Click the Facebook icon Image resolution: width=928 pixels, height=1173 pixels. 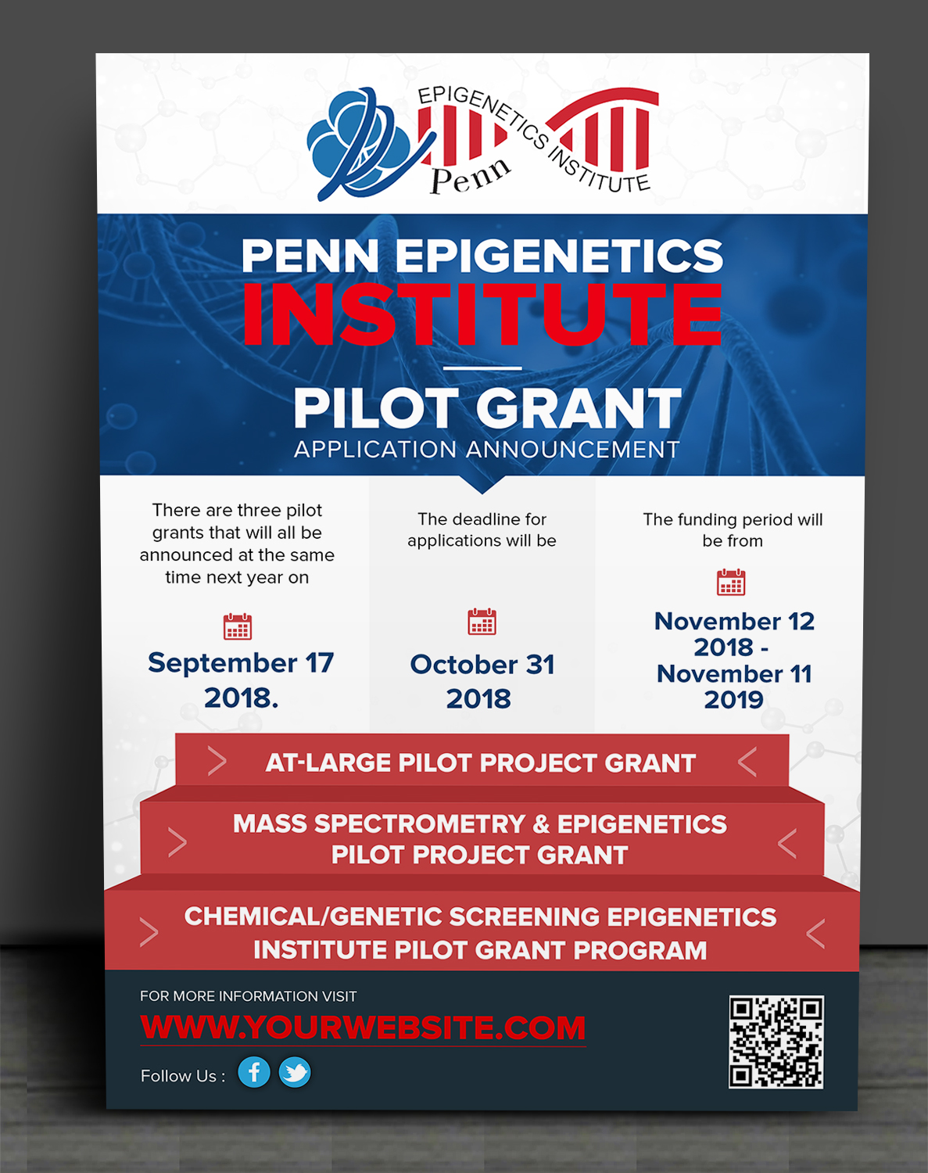254,1072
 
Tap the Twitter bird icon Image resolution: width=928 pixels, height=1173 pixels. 295,1072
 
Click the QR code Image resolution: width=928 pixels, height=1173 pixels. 776,1042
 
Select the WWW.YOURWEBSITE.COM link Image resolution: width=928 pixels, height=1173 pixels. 363,1028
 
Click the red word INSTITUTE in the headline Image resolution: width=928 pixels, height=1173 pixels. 482,315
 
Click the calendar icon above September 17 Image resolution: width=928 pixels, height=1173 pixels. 238,626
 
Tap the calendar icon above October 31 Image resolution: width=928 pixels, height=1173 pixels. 482,622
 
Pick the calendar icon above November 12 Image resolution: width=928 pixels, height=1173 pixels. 731,582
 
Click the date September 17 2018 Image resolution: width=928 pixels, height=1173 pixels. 241,680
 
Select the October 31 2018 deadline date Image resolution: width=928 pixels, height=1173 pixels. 482,681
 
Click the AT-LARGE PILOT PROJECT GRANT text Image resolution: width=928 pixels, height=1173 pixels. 480,762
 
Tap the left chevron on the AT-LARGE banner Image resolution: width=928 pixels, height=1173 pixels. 217,762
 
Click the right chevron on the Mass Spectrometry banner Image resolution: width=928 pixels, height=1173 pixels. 787,843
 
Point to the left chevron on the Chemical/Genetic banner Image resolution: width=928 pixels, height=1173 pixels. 149,932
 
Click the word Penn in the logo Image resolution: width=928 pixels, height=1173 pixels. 471,175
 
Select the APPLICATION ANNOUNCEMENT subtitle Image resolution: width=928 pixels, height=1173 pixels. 486,450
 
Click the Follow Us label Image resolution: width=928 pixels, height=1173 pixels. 182,1075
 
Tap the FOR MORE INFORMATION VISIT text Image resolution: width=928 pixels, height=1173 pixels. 248,995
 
